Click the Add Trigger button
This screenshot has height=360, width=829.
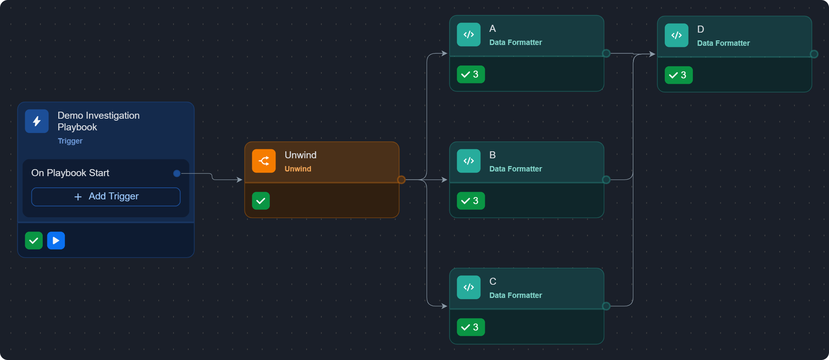[x=106, y=197]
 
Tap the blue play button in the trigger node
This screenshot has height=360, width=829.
[x=56, y=241]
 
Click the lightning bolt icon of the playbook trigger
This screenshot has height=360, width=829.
[x=37, y=121]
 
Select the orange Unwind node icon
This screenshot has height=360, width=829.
[x=264, y=161]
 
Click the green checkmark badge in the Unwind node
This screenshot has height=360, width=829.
[x=261, y=201]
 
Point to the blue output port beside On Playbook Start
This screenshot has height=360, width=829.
[x=177, y=173]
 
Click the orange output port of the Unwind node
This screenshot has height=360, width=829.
[x=401, y=180]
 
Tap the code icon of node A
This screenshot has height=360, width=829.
[x=469, y=35]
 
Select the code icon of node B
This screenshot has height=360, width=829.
[x=469, y=161]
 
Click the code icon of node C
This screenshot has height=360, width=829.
[x=469, y=287]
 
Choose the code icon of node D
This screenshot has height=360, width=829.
[x=676, y=35]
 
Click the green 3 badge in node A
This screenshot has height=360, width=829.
[x=471, y=74]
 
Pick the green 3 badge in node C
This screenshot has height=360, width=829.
[x=471, y=327]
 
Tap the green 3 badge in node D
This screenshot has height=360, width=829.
[x=679, y=75]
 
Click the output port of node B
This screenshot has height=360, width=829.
[x=606, y=180]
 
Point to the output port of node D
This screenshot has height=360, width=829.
[x=814, y=54]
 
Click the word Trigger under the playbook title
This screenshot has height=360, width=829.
[x=70, y=141]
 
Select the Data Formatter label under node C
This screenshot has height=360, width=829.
[x=515, y=295]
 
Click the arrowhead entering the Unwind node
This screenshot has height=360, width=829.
[x=240, y=180]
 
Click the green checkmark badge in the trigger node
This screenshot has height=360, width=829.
[x=34, y=241]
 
